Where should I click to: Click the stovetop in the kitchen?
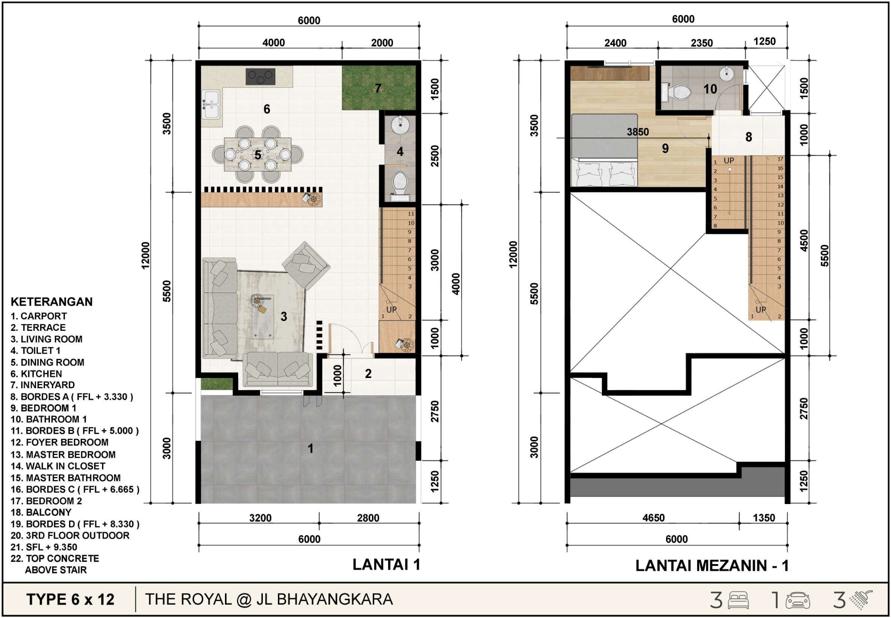[260, 77]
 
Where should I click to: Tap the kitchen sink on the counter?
[211, 104]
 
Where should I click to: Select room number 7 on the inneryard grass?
[378, 88]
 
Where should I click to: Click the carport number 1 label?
[311, 448]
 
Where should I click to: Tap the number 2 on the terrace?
[368, 374]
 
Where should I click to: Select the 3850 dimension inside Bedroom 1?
[638, 132]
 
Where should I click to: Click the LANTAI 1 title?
[386, 565]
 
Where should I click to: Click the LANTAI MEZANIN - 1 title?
[712, 565]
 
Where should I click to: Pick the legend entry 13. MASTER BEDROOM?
[63, 455]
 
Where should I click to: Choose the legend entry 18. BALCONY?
[41, 512]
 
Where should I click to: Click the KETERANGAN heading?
[52, 302]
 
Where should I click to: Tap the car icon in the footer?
[798, 601]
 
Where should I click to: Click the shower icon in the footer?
[861, 600]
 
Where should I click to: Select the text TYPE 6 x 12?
[70, 599]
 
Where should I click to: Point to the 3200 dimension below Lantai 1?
[260, 518]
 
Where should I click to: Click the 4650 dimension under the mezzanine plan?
[654, 518]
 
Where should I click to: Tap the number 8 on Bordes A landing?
[749, 137]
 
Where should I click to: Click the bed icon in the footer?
[738, 600]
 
